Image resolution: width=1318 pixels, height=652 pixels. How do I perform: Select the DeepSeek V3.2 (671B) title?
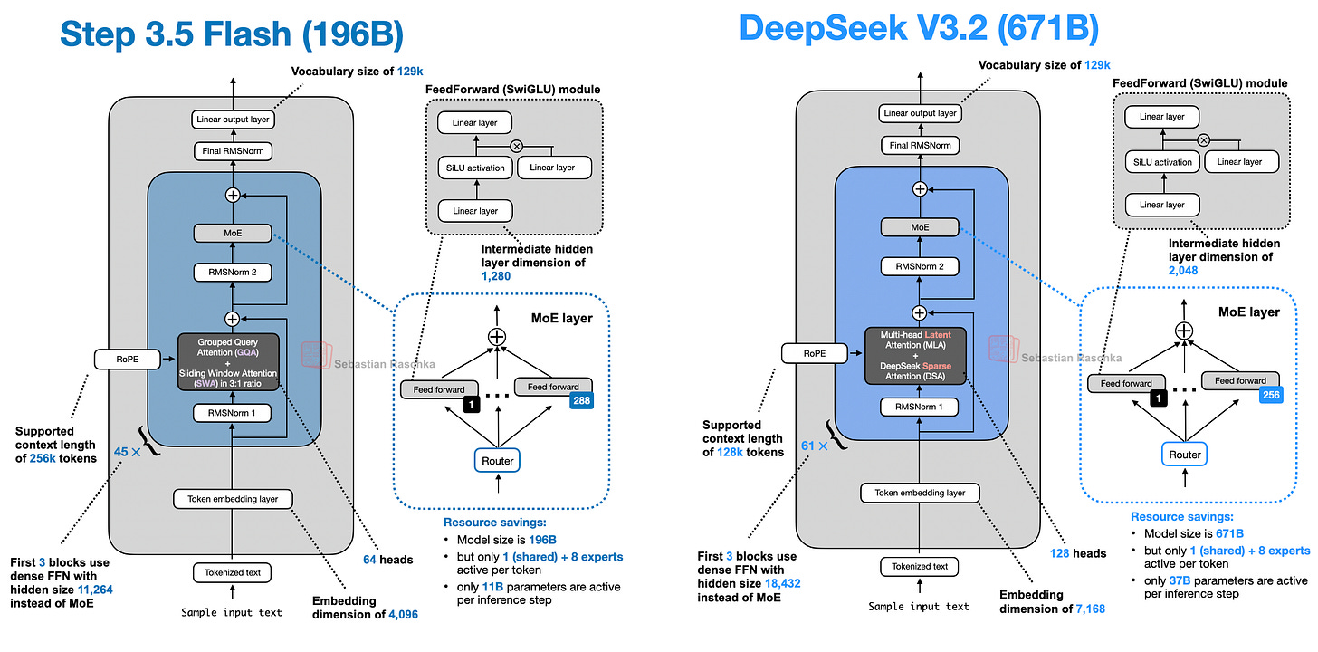pos(919,28)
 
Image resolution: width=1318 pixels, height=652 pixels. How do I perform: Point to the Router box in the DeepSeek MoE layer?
pos(1184,455)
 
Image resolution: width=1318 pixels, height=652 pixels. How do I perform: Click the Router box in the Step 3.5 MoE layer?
pos(497,460)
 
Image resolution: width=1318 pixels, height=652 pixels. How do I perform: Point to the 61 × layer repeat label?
pos(817,445)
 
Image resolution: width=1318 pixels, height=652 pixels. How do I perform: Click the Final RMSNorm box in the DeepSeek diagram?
pos(919,145)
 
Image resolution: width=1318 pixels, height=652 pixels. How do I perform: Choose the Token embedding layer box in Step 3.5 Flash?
pos(233,498)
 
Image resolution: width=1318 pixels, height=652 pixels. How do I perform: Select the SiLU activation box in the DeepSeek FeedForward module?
pos(1161,161)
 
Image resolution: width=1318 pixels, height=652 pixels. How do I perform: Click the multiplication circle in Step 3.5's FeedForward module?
pos(517,145)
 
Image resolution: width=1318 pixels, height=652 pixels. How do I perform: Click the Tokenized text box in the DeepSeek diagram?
pos(919,566)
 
